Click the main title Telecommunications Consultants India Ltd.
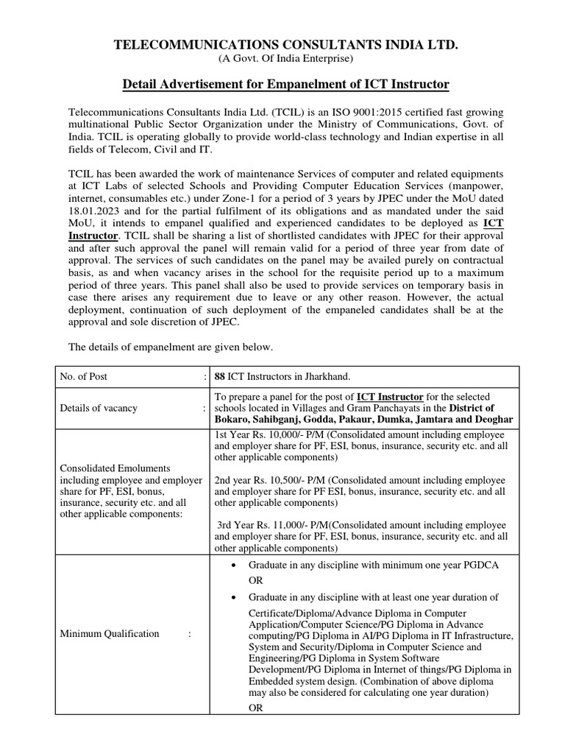[x=285, y=46]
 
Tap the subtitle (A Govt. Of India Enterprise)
[x=285, y=59]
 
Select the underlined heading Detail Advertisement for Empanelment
[x=285, y=85]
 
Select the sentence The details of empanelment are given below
[x=171, y=346]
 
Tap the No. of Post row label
[x=84, y=376]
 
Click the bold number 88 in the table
[x=219, y=376]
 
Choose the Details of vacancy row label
[x=99, y=408]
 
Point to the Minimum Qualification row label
[x=109, y=633]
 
